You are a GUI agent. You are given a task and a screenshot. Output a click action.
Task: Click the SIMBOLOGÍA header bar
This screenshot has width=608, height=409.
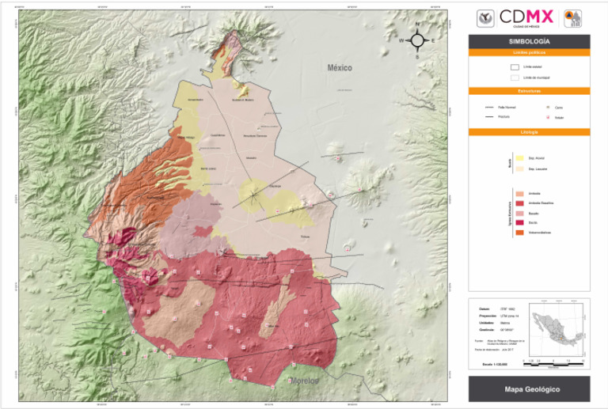point(529,41)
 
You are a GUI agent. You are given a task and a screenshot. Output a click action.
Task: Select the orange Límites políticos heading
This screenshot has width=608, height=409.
point(529,52)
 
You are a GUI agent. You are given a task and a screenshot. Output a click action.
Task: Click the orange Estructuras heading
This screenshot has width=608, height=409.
point(529,91)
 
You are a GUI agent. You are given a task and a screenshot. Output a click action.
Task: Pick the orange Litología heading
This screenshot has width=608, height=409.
point(529,131)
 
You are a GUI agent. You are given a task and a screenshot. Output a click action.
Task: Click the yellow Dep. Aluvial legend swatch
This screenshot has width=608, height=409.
point(519,159)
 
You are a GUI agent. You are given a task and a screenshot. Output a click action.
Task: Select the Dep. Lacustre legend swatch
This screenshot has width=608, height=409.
point(519,169)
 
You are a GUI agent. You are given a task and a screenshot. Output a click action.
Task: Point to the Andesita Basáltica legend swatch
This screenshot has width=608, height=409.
point(519,203)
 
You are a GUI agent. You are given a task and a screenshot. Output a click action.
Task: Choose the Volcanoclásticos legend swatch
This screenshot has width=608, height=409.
point(519,233)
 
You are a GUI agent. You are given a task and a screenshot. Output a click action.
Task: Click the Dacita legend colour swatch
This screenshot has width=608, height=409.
point(519,223)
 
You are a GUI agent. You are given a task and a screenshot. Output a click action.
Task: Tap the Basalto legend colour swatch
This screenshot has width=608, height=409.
point(519,214)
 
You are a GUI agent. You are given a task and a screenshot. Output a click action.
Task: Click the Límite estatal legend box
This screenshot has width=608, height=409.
point(514,67)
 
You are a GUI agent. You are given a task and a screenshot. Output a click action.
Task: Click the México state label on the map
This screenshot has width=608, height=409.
point(340,69)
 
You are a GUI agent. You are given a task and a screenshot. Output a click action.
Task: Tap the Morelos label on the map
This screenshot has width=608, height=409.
point(302,381)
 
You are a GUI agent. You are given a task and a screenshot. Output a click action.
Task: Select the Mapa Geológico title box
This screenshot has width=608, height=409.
point(529,390)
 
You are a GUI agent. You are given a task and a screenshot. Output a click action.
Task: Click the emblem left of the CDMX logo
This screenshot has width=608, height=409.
point(484,17)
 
